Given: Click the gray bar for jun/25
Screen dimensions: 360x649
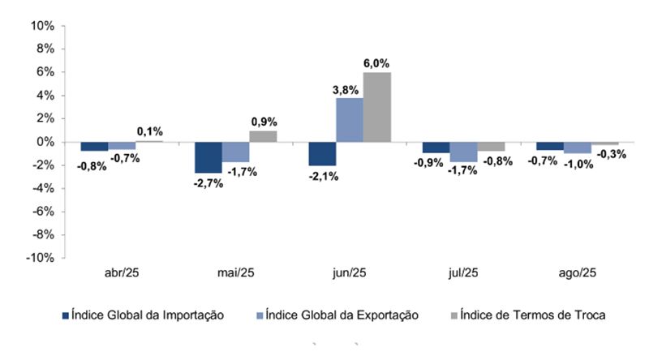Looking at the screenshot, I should pos(377,107).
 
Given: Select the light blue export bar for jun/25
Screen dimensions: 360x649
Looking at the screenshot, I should pos(350,120).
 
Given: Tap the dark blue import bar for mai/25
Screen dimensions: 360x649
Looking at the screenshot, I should pos(208,157).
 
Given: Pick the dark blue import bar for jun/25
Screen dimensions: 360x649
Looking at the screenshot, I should pos(322,154).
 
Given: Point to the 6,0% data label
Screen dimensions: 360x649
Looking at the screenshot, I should pos(376,62).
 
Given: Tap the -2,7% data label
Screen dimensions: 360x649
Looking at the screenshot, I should pos(208,184).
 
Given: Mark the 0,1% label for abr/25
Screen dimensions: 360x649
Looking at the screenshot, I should pos(149,131).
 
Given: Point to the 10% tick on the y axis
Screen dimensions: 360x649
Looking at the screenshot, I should pos(41,26).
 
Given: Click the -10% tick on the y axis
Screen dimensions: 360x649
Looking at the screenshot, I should pos(39,258).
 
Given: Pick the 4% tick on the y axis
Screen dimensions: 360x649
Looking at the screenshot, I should pos(44,96).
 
